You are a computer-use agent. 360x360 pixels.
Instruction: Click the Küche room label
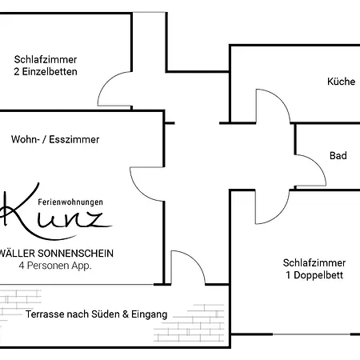(341, 82)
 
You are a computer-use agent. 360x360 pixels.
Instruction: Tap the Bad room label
(338, 155)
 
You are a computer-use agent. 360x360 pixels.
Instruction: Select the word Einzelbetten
(50, 71)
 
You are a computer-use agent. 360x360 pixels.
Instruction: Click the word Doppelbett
(318, 275)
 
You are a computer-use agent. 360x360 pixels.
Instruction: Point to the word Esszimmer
(74, 139)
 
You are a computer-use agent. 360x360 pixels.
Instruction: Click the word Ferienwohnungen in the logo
(70, 202)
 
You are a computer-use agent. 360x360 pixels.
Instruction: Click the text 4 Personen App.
(55, 266)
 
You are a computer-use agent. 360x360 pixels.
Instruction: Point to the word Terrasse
(45, 314)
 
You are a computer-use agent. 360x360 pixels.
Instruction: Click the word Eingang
(150, 314)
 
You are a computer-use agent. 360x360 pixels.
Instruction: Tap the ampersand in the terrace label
(126, 314)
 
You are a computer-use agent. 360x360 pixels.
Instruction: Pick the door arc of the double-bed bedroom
(280, 214)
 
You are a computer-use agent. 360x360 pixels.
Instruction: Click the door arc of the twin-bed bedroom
(106, 82)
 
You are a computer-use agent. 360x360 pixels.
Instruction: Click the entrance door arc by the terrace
(196, 260)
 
